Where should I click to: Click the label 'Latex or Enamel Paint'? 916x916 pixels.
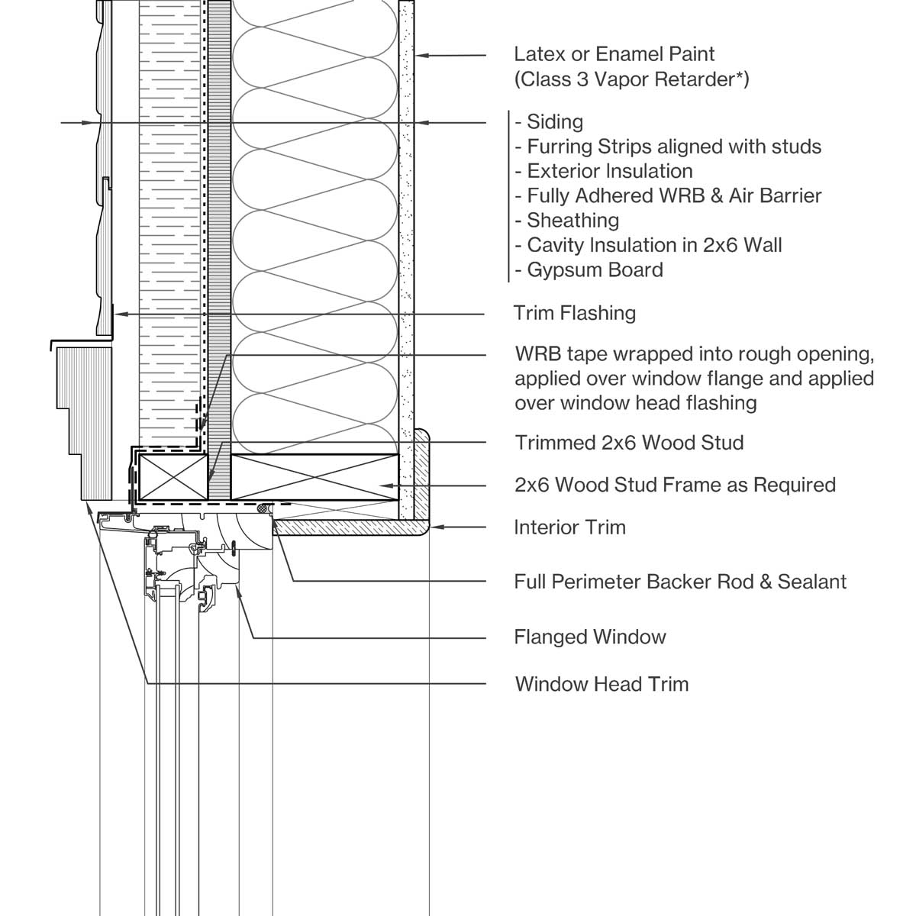coord(614,54)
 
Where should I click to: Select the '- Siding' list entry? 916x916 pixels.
coord(549,122)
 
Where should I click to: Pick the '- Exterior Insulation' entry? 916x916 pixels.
coord(603,171)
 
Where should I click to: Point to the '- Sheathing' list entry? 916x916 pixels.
coord(566,221)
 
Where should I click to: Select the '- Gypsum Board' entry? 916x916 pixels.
coord(589,269)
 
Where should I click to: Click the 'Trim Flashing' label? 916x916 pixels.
coord(574,313)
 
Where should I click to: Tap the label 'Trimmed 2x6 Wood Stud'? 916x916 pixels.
coord(629,443)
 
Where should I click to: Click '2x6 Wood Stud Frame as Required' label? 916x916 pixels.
coord(675,485)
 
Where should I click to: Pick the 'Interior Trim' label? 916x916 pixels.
coord(569,527)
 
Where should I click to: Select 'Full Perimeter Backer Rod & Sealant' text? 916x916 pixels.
coord(680,582)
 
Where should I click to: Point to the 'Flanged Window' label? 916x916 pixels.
coord(589,637)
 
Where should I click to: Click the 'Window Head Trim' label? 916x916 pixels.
coord(602,683)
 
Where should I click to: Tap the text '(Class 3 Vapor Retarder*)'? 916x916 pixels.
coord(631,79)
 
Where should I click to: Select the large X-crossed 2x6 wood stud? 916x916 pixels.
coord(314,478)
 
